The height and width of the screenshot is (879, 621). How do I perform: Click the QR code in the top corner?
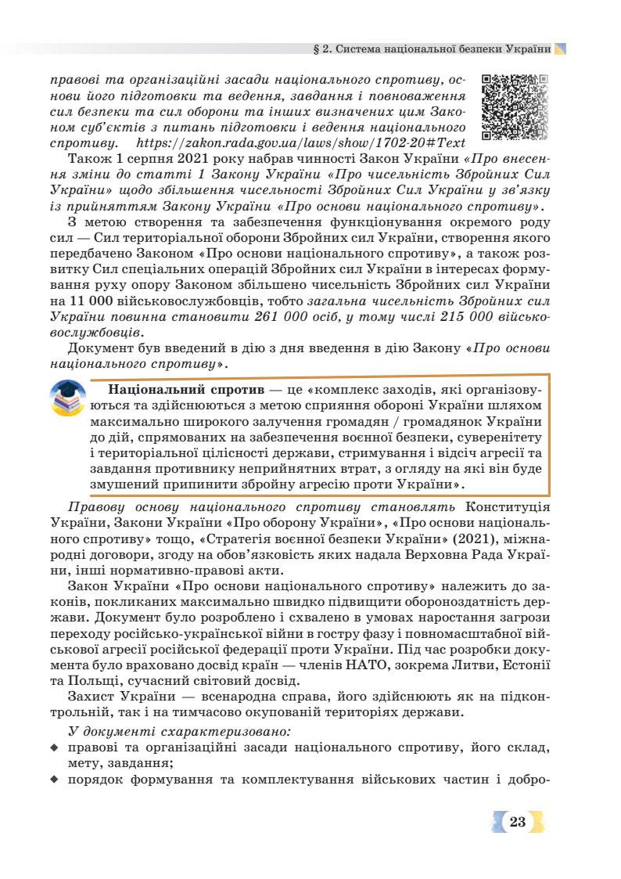pos(514,106)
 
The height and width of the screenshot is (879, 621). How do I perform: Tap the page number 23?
pos(517,821)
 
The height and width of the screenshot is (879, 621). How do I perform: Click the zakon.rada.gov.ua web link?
pos(300,143)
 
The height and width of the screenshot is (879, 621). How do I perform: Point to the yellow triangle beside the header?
pos(560,48)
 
